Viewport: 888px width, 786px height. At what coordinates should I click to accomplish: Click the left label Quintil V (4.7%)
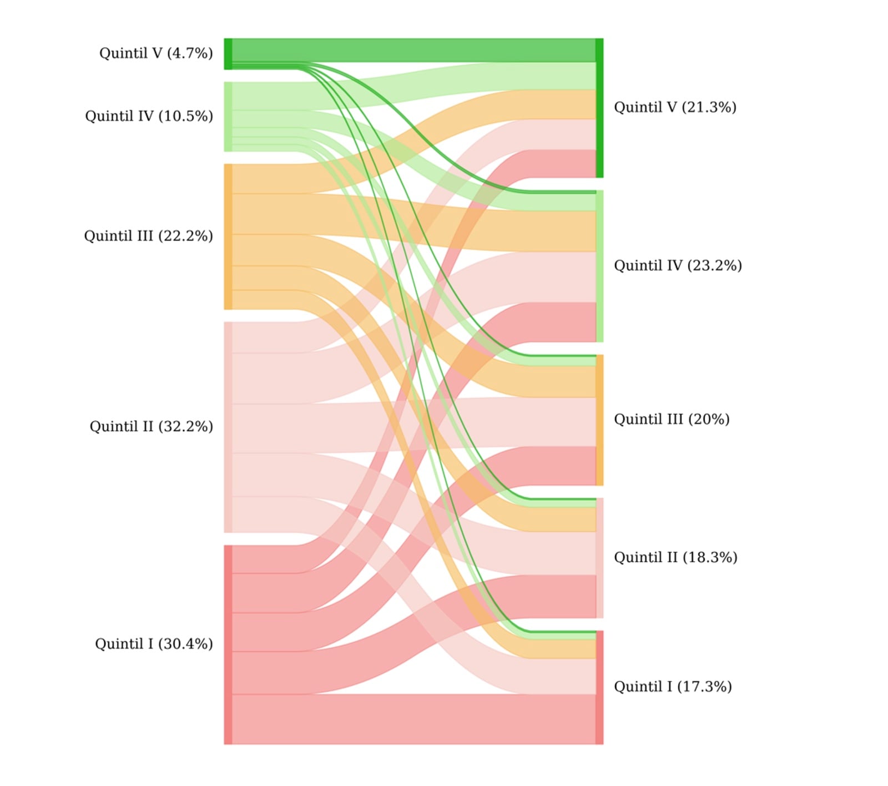point(156,53)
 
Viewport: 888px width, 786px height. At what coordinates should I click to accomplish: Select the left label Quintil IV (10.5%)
point(149,116)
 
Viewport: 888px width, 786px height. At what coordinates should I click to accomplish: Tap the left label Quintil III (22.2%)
point(148,236)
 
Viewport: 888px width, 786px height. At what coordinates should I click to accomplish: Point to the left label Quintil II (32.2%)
point(151,426)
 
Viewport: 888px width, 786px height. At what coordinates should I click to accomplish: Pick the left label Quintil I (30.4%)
point(154,644)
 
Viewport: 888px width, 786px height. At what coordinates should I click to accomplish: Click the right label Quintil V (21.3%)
point(675,107)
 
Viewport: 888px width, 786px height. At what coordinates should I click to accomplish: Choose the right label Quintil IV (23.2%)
point(678,265)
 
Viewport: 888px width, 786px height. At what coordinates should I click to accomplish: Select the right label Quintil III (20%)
point(672,419)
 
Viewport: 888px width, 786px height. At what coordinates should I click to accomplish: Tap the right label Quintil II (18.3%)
point(675,557)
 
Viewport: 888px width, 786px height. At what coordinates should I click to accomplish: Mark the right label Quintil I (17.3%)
point(673,687)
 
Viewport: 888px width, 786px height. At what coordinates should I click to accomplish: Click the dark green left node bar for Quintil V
point(228,54)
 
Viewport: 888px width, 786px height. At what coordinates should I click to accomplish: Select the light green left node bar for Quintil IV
point(228,117)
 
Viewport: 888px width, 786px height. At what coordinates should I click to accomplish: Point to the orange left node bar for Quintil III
point(228,236)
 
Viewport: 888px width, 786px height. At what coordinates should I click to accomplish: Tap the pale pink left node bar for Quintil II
point(228,427)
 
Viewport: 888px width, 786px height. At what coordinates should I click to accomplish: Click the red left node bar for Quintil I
point(228,644)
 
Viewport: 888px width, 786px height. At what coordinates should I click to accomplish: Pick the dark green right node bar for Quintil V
point(599,108)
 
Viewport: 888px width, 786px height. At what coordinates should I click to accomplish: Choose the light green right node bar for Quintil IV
point(599,266)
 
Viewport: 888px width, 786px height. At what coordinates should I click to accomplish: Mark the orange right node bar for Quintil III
point(599,420)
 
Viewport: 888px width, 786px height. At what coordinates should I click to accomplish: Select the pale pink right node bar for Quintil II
point(599,558)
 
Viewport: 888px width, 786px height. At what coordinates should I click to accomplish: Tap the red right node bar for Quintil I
point(599,687)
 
